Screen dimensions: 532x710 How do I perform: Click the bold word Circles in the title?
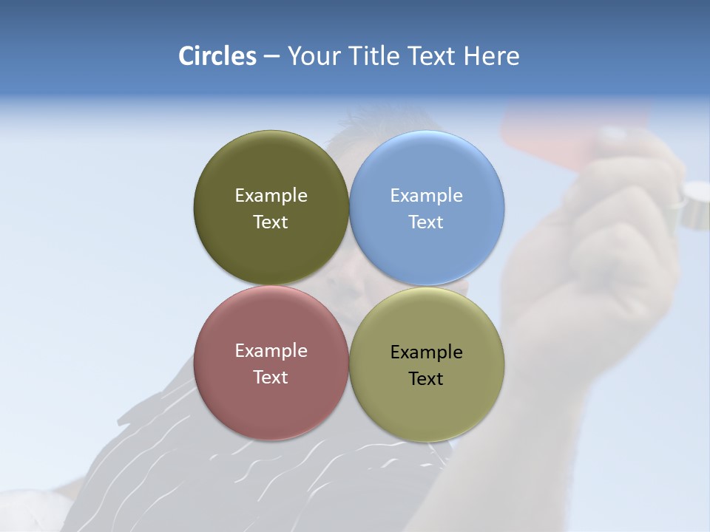tap(217, 56)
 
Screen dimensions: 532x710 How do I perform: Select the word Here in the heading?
tap(491, 56)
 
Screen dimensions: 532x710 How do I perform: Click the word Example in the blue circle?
tap(427, 196)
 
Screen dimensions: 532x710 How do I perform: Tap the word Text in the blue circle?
tap(426, 222)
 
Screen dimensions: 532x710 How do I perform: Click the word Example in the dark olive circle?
tap(271, 196)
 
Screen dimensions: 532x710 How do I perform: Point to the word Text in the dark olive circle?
tap(271, 222)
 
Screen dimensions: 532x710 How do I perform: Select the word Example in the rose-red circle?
tap(271, 351)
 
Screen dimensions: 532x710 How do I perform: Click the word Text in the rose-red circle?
tap(271, 378)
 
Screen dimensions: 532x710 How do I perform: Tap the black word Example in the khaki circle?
tap(427, 352)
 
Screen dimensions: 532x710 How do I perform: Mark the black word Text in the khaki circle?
tap(426, 379)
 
